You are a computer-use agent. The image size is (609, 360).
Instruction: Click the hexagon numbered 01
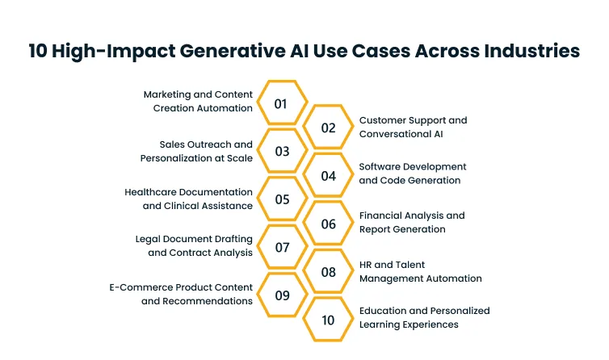tap(281, 103)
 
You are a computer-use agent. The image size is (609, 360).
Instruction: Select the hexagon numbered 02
tap(328, 128)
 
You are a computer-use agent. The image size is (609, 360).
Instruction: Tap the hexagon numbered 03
tap(281, 151)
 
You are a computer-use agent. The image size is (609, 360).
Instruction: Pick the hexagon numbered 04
tap(328, 175)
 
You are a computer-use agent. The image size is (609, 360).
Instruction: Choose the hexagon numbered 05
tap(281, 199)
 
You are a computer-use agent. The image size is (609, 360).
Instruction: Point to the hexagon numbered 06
tap(328, 224)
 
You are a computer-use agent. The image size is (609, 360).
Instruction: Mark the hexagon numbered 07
tap(281, 248)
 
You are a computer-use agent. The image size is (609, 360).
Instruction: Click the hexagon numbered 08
tap(328, 272)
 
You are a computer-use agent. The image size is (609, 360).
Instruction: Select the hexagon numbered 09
tap(281, 295)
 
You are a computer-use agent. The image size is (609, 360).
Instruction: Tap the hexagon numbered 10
tap(328, 320)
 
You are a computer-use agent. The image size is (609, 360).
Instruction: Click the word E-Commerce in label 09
tap(138, 287)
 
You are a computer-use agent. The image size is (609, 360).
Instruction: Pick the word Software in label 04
tap(380, 167)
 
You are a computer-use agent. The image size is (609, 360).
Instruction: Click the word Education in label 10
tap(384, 311)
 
